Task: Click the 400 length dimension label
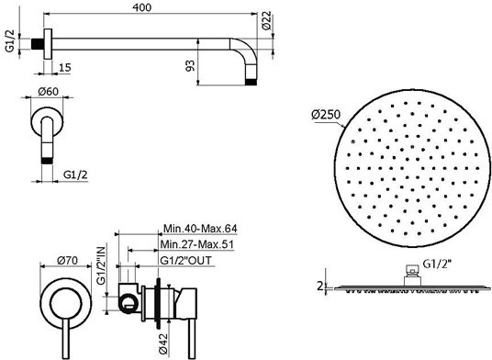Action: click(x=141, y=7)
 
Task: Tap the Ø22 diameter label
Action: click(x=266, y=20)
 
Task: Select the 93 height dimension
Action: click(x=190, y=65)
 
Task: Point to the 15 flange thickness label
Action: click(x=65, y=67)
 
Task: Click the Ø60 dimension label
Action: click(x=48, y=91)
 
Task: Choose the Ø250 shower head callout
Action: click(x=326, y=115)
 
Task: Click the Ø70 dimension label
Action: click(x=67, y=260)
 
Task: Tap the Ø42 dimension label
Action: click(x=163, y=343)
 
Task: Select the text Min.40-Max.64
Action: click(x=200, y=228)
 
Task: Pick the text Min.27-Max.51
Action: click(x=197, y=244)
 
